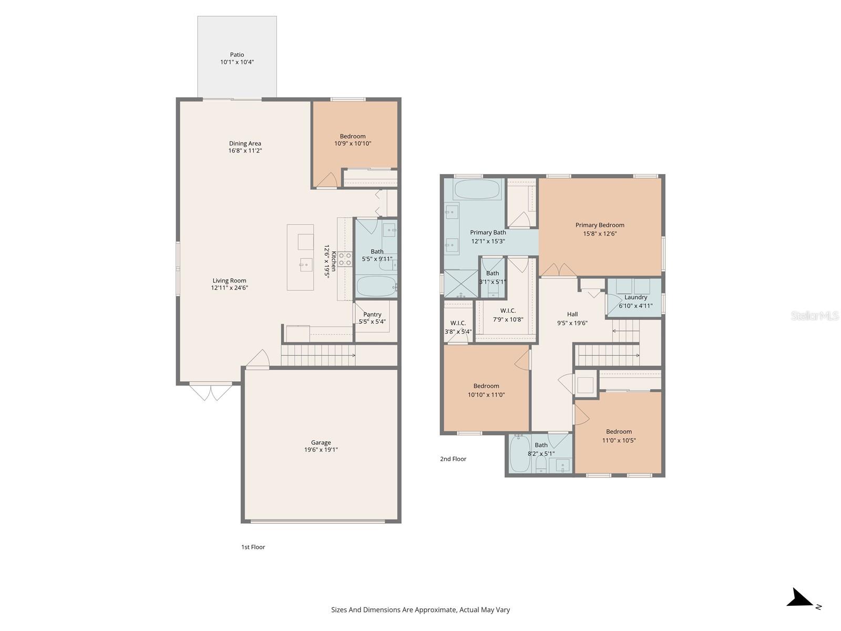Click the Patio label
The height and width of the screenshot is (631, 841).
coord(237,55)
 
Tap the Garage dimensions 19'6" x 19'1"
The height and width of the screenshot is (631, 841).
coord(321,450)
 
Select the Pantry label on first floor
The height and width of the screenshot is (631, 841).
coord(372,314)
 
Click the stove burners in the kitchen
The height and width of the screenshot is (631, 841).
coord(345,259)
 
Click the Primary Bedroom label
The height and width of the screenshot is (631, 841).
coord(600,225)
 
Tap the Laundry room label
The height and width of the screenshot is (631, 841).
coord(635,297)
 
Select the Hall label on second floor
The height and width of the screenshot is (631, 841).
coord(572,314)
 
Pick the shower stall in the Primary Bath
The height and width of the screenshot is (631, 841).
coord(461,284)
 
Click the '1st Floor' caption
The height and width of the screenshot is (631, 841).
coord(253,547)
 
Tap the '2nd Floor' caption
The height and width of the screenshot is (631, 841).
coord(453,459)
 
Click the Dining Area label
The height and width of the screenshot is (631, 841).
coord(245,144)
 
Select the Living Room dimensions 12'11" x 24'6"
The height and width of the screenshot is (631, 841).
coord(230,288)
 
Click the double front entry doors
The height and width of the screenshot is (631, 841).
coord(210,392)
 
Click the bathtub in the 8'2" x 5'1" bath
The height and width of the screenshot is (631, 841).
coord(520,453)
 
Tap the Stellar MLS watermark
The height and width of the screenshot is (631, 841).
coord(815,315)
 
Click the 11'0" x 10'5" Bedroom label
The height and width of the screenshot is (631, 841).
coord(619,432)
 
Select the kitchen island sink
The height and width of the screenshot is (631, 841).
coord(305,264)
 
